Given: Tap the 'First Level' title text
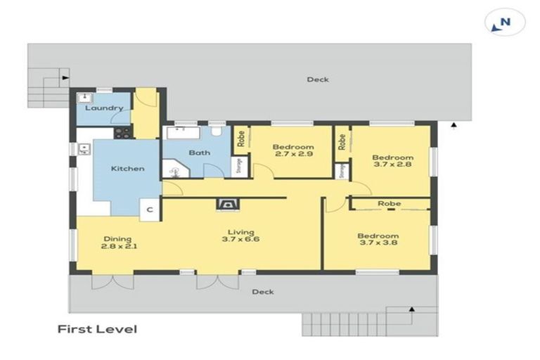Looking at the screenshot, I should pos(97,329).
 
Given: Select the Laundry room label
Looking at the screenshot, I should pos(104,108).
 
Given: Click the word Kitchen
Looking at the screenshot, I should pos(127,169).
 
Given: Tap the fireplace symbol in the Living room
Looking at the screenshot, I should pos(227,205).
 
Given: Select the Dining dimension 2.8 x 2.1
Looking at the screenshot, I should pos(118,247).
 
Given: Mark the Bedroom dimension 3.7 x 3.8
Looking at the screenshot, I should pos(378,245).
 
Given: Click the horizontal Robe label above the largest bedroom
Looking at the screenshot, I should pos(389,204).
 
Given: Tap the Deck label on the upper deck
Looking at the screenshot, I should pos(318,79).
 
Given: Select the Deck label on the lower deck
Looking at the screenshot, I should pos(263,292).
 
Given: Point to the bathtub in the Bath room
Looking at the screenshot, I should pos(186,131).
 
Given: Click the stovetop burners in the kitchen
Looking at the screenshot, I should pos(122,131).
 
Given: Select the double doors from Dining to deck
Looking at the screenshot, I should pos(112,281).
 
